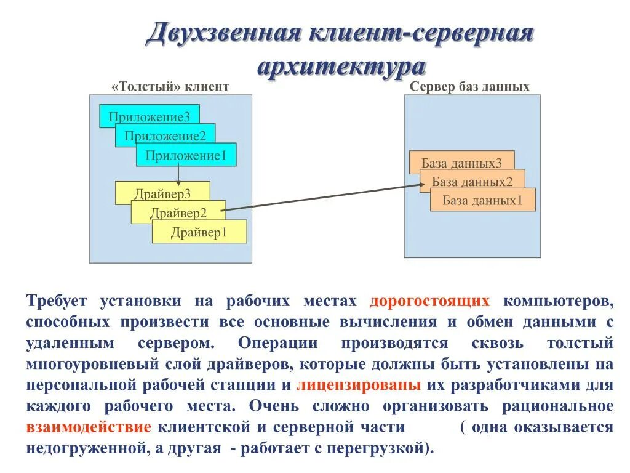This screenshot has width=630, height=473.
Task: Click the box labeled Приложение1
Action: point(186,155)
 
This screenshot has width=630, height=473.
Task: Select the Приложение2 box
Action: point(165,136)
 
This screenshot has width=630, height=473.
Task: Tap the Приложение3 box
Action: point(150,116)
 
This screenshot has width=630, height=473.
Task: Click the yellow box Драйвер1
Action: point(199,232)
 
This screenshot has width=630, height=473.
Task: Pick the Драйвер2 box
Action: point(178,213)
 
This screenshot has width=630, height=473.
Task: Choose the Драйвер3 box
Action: point(162,193)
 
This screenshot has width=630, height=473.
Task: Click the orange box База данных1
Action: point(482,200)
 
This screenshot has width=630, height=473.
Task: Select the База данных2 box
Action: point(472,181)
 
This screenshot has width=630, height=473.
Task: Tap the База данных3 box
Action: point(461,163)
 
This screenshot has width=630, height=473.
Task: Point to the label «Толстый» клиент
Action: point(170,87)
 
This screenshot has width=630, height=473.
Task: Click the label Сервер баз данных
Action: point(469,87)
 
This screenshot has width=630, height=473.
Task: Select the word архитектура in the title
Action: point(341,66)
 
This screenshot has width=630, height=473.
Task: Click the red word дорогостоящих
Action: point(430,301)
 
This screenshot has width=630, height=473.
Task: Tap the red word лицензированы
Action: point(359,386)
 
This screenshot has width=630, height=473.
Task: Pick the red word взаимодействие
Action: point(89,427)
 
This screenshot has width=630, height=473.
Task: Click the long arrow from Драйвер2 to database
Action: point(320,197)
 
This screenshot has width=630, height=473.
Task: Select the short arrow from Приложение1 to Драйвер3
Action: point(178,174)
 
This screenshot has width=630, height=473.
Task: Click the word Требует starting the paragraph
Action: point(57,301)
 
